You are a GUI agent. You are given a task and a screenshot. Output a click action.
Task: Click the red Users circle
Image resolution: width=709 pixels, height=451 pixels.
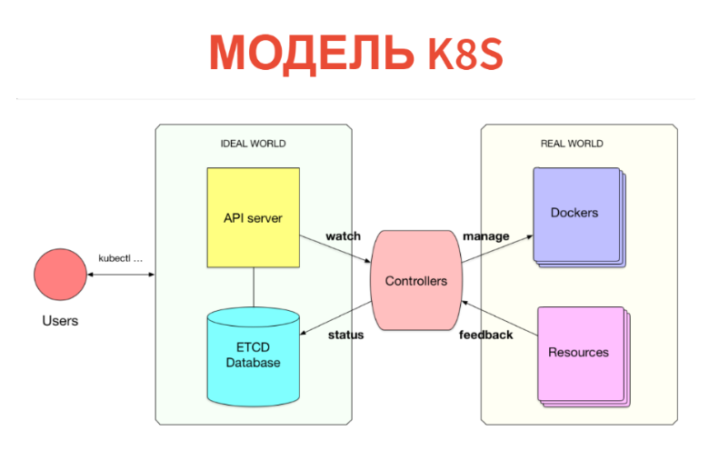coord(60,274)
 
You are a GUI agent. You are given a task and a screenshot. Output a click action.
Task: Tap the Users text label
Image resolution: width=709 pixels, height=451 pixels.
coord(60,321)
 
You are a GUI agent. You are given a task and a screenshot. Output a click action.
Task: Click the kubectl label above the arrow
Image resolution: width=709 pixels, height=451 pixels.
coord(121,257)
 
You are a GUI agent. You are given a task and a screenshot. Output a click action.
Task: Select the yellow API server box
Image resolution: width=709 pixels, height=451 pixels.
coord(254,217)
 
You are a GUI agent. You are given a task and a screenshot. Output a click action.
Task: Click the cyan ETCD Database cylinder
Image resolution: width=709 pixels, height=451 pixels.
coord(254,356)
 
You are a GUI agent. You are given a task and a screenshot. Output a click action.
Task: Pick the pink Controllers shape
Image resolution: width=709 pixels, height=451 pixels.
coord(415,281)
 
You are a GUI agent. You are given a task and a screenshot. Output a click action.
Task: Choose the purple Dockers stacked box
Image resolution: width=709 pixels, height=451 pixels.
coord(575,215)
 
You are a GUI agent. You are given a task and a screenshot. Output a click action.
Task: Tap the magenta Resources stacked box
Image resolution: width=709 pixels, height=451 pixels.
coord(579,353)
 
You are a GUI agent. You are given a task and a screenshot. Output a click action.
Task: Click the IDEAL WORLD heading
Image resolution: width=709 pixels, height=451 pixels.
coord(254,144)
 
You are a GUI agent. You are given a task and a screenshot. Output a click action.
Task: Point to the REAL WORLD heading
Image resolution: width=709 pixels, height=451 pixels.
coord(572,144)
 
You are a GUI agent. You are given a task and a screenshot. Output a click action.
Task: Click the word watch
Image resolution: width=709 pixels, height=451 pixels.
coord(343,236)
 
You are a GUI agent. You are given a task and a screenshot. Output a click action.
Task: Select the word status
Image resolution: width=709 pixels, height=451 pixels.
coord(345,335)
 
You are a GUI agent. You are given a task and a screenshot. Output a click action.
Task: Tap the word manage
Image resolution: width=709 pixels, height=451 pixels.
coord(486,236)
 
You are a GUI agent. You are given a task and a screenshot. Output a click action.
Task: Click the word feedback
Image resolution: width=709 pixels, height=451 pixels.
coord(485,335)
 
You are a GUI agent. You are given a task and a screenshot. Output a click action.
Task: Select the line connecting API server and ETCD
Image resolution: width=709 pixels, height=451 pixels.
coord(254,287)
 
